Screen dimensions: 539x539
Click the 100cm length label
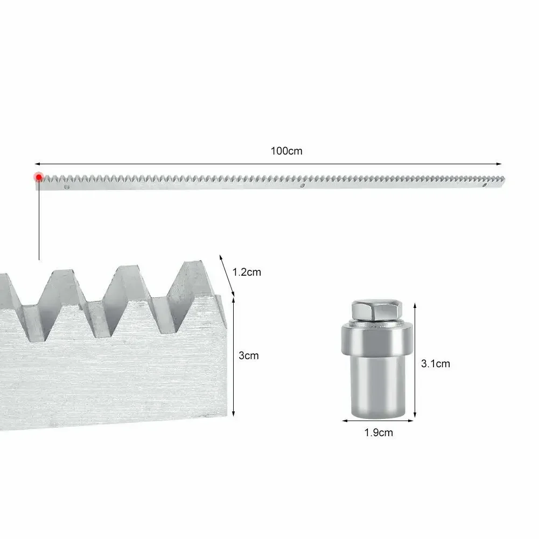pos(286,151)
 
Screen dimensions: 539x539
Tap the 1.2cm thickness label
pos(247,272)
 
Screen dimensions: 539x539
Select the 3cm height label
pos(249,355)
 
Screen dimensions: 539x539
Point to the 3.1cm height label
pos(435,363)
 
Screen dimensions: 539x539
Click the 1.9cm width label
pos(379,432)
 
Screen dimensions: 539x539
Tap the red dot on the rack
pos(39,177)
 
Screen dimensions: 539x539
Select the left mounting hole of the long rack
pos(67,187)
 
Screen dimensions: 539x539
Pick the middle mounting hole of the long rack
pos(303,186)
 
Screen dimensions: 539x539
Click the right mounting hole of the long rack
pos(485,185)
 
